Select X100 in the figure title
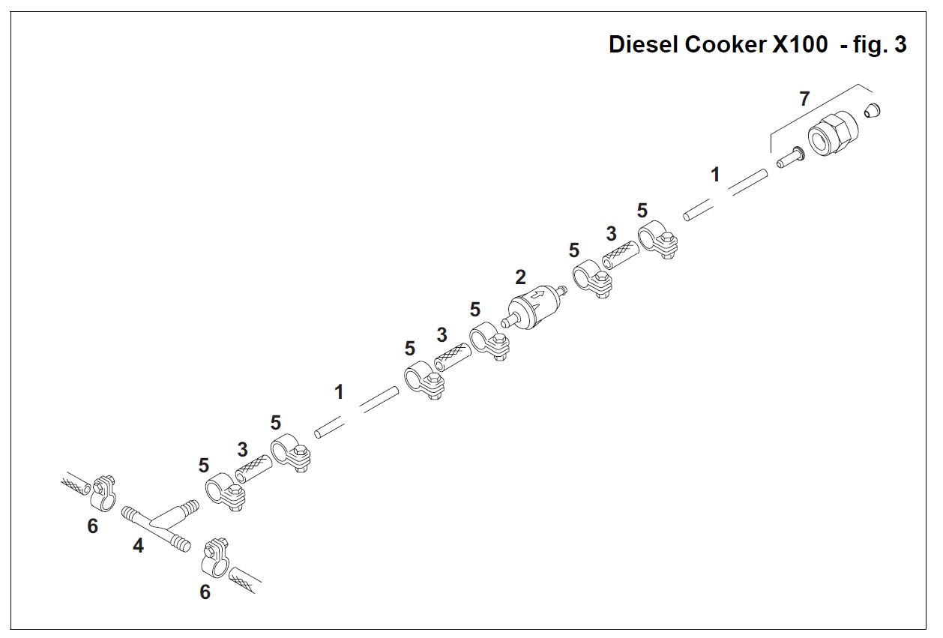pyautogui.click(x=800, y=45)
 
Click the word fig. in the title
pyautogui.click(x=870, y=45)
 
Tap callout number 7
pyautogui.click(x=804, y=98)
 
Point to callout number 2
pyautogui.click(x=520, y=278)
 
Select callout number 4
pyautogui.click(x=138, y=546)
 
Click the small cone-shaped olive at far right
pyautogui.click(x=871, y=111)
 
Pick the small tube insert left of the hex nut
pyautogui.click(x=789, y=157)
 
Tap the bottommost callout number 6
pyautogui.click(x=205, y=592)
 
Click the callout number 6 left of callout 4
pyautogui.click(x=92, y=526)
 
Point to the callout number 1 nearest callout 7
pyautogui.click(x=715, y=175)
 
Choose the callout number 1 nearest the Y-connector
pyautogui.click(x=339, y=392)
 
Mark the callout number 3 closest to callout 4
pyautogui.click(x=242, y=450)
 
